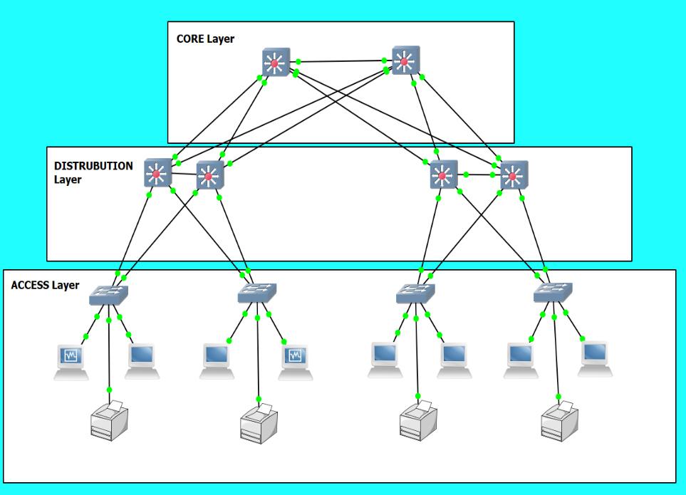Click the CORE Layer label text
205,38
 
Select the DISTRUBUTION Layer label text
93,172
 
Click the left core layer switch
275,63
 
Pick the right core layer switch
405,61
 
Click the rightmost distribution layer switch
513,174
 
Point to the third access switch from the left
415,292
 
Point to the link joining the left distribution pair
184,172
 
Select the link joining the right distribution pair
478,174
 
